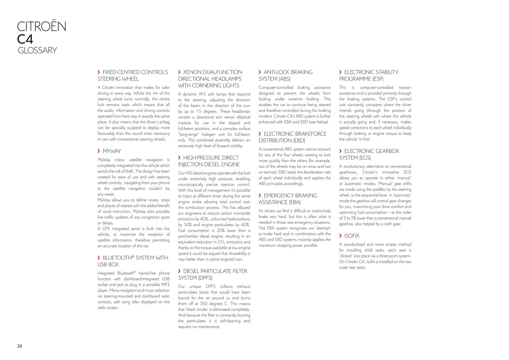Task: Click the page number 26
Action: [x=20, y=346]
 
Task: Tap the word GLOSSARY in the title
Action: [x=37, y=51]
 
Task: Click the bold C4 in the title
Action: [x=25, y=39]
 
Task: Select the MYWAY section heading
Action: [x=112, y=151]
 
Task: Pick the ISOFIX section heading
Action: [x=352, y=236]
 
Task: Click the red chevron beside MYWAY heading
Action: [x=99, y=151]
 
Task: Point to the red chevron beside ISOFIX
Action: [x=340, y=236]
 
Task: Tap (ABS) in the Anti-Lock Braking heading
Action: [x=284, y=79]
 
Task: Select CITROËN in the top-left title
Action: [x=42, y=27]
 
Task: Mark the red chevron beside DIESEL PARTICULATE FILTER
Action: [x=179, y=271]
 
